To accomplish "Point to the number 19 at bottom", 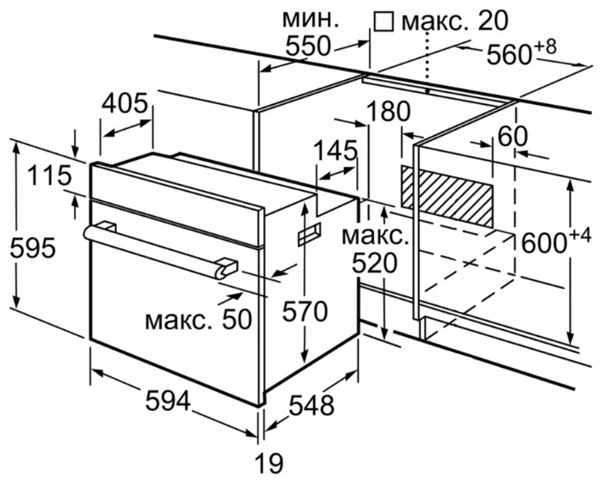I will (x=268, y=464).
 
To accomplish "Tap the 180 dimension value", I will (x=385, y=111).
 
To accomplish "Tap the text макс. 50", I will (x=198, y=321).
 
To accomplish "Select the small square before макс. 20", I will (x=384, y=19).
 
